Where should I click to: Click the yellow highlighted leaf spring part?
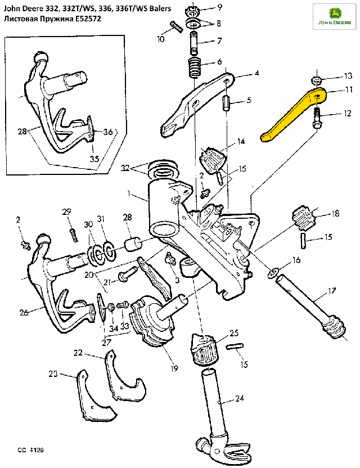point(292,112)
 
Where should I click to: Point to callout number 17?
point(332,291)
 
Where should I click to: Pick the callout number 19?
point(174,368)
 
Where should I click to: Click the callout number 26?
point(23,313)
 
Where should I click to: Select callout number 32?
point(125,167)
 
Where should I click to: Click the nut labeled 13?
point(317,78)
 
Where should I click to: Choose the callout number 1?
point(129,193)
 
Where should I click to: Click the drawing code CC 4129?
point(30,450)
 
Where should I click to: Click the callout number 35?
point(94,158)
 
